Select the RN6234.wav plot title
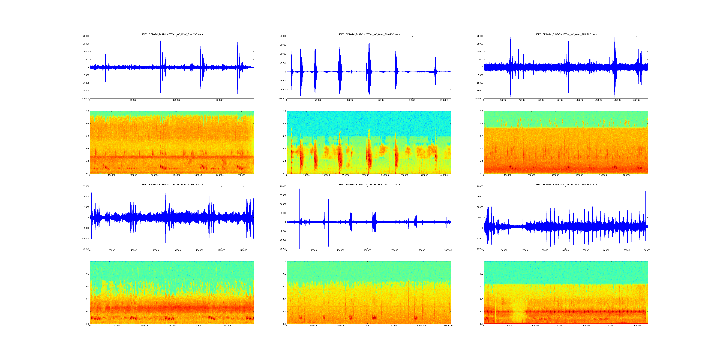pyautogui.click(x=369, y=34)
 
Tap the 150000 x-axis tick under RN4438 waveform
pyautogui.click(x=220, y=100)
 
